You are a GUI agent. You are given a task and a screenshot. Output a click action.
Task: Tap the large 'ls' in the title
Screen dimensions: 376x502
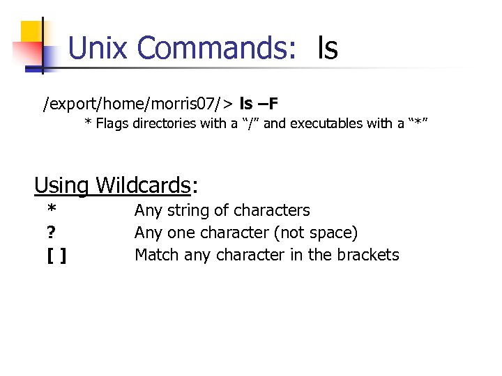pyautogui.click(x=327, y=48)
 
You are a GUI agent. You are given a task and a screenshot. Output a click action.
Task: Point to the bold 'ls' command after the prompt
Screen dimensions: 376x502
pyautogui.click(x=246, y=104)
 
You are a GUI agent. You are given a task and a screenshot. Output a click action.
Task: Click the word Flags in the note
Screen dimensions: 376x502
pyautogui.click(x=112, y=124)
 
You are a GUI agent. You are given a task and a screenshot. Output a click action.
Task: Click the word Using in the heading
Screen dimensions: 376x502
pyautogui.click(x=61, y=185)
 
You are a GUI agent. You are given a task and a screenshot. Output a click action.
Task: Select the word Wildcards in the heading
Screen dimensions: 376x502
pyautogui.click(x=143, y=185)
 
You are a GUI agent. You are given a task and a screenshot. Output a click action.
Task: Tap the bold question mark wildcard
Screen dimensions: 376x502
pyautogui.click(x=52, y=233)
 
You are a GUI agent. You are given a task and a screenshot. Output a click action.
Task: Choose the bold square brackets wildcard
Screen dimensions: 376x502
pyautogui.click(x=56, y=256)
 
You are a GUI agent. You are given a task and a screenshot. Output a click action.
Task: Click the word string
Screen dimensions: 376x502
pyautogui.click(x=188, y=210)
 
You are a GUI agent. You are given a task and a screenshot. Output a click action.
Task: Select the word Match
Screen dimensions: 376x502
pyautogui.click(x=157, y=255)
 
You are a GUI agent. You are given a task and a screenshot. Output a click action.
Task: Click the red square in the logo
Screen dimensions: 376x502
pyautogui.click(x=24, y=53)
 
